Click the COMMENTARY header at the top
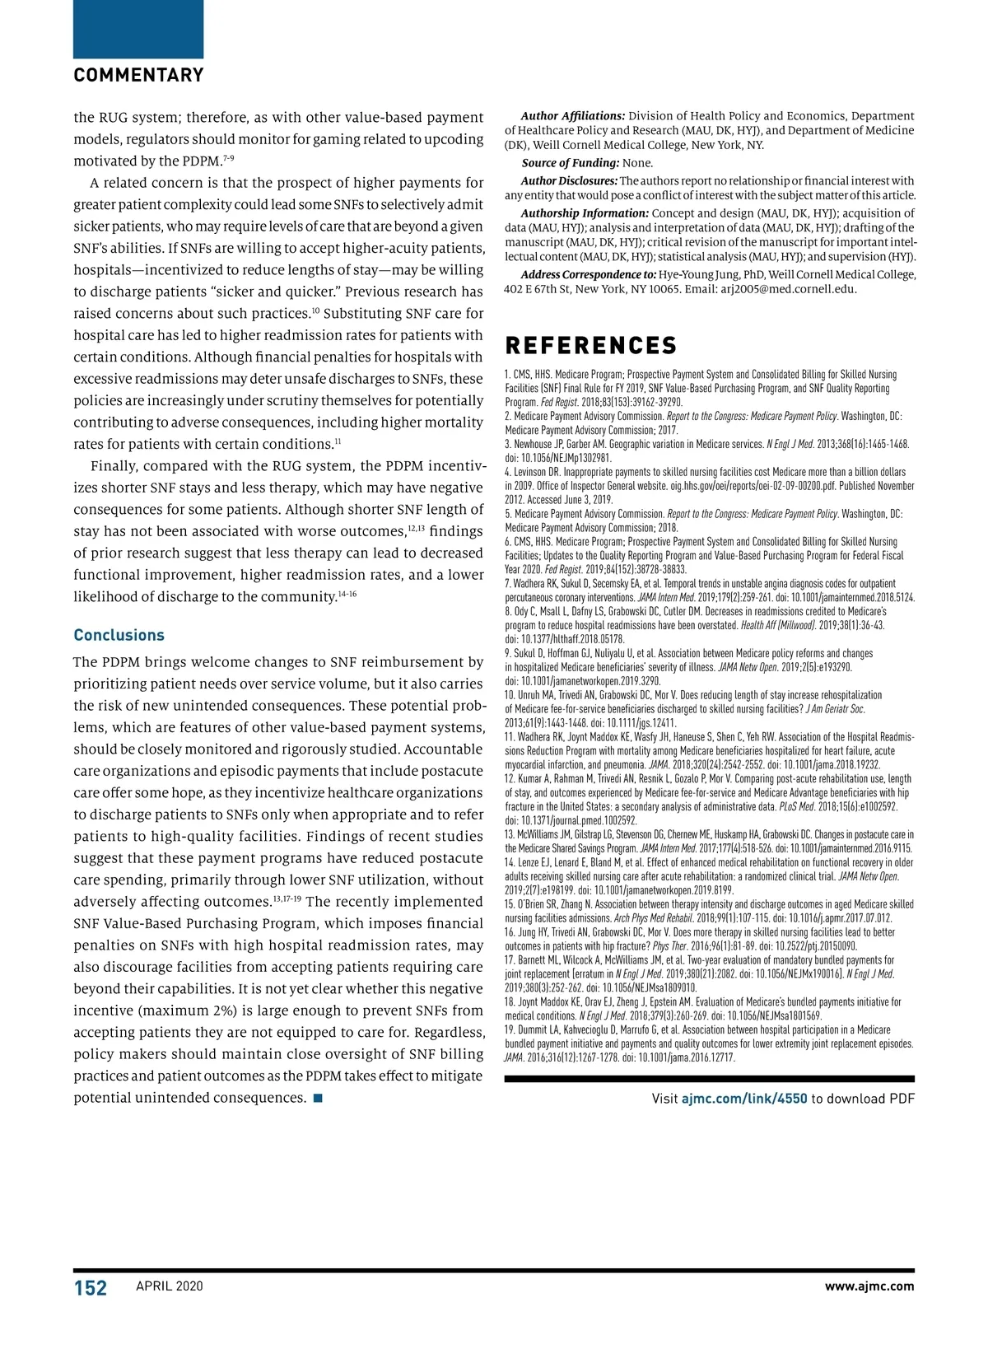point(138,76)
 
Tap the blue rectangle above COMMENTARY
point(138,29)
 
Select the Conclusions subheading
point(119,635)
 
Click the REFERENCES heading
point(590,346)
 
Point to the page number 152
point(91,1288)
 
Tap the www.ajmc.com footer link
point(869,1286)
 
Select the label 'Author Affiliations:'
point(573,116)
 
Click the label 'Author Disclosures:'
point(569,181)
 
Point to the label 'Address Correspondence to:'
point(589,275)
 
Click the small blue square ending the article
point(318,1098)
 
